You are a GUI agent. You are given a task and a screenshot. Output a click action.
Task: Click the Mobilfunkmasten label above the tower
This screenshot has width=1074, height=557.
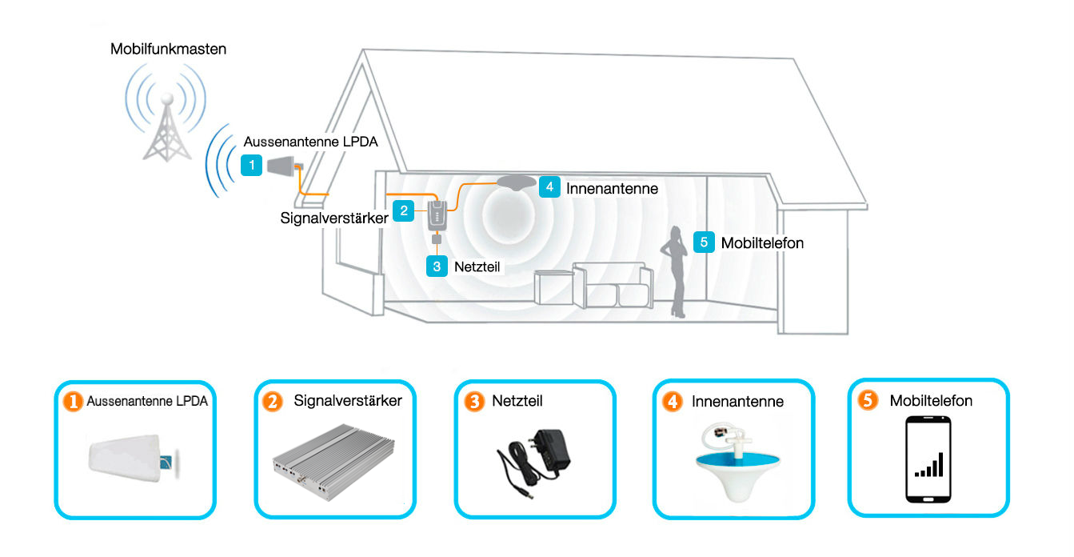click(168, 50)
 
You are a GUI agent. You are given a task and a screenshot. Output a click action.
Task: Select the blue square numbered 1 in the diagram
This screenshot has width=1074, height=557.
click(252, 166)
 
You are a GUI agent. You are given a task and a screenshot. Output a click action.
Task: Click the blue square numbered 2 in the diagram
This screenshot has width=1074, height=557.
click(405, 210)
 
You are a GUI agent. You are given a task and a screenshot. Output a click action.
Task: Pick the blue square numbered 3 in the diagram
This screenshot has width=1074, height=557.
click(437, 266)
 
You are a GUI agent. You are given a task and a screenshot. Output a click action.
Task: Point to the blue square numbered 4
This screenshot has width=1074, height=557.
click(549, 186)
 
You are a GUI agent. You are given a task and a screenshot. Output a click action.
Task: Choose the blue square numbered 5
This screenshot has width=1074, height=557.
click(704, 242)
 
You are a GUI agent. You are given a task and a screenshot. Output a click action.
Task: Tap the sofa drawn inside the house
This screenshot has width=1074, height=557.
click(616, 286)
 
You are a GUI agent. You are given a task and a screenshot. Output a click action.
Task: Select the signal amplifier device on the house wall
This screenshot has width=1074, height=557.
click(437, 215)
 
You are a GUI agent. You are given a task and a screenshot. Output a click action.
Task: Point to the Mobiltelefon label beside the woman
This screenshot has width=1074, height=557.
click(762, 242)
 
